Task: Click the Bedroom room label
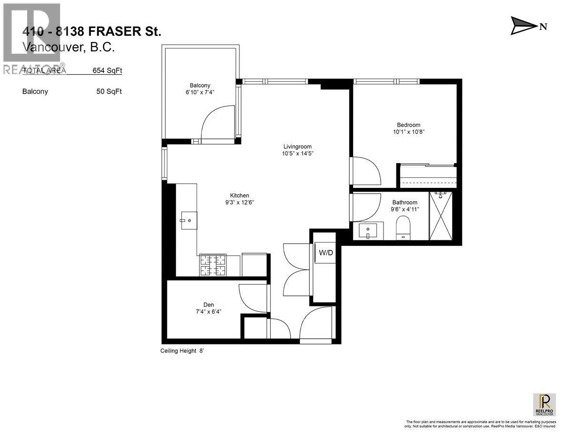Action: [408, 125]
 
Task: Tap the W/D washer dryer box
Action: [325, 253]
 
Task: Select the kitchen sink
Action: [188, 220]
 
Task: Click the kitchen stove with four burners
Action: [213, 265]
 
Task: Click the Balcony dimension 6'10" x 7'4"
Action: [200, 92]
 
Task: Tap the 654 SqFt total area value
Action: [107, 70]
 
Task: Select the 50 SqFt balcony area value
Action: [108, 91]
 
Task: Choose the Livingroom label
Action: [297, 147]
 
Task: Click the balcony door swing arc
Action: [217, 124]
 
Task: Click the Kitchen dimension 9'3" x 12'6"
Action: [239, 202]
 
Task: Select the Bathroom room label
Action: [404, 202]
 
